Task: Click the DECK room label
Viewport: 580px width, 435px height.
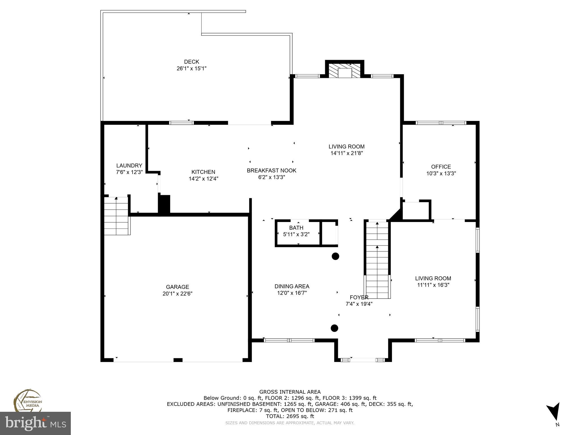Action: (191, 62)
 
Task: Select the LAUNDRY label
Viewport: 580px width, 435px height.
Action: (129, 166)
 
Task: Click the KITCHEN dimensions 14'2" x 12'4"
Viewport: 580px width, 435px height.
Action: (203, 179)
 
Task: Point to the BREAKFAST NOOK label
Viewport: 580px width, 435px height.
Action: (271, 170)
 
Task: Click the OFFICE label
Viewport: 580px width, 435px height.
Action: (441, 167)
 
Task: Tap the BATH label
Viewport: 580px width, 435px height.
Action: (296, 228)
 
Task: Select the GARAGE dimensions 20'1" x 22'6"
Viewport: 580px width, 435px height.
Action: (178, 294)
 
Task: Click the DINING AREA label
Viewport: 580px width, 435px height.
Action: (292, 286)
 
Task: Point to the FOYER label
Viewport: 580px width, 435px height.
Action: (359, 297)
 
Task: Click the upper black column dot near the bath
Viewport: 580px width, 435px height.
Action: (335, 256)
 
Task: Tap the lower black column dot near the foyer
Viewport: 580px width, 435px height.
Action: (334, 328)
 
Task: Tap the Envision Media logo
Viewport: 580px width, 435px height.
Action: (27, 400)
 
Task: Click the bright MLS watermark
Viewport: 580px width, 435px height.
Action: (35, 423)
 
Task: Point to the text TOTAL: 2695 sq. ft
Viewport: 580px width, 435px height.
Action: (290, 416)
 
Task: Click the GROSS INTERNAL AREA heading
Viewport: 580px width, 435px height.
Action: (290, 392)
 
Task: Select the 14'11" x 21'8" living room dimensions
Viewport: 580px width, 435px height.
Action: (346, 153)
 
